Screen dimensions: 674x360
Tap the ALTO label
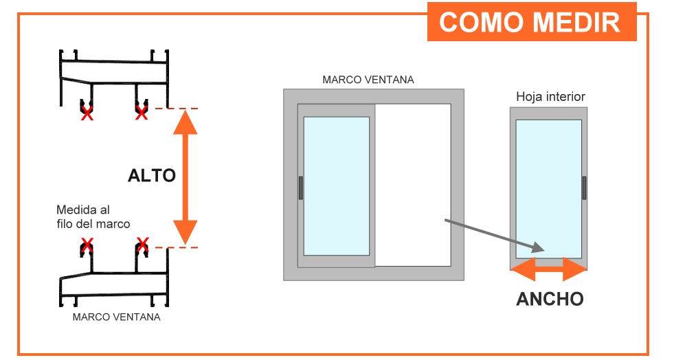(152, 176)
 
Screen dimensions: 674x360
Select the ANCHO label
(550, 299)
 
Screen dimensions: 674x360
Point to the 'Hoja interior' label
(550, 97)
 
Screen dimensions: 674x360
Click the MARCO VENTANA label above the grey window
(368, 80)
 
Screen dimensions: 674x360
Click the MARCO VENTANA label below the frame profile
(117, 317)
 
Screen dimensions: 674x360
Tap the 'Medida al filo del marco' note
(93, 217)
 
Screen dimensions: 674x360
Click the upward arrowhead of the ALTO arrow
(186, 122)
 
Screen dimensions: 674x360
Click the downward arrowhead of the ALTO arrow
(186, 232)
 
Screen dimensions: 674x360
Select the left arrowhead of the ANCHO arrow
(523, 269)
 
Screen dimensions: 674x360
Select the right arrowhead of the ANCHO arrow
(574, 269)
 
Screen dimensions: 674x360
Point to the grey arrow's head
(537, 248)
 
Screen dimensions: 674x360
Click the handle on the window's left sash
(301, 188)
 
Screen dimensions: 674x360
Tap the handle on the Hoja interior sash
(584, 188)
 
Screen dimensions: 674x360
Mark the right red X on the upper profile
(142, 113)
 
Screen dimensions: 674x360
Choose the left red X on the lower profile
(87, 245)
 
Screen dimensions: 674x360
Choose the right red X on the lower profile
(142, 244)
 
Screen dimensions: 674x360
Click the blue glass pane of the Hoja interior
(549, 189)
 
